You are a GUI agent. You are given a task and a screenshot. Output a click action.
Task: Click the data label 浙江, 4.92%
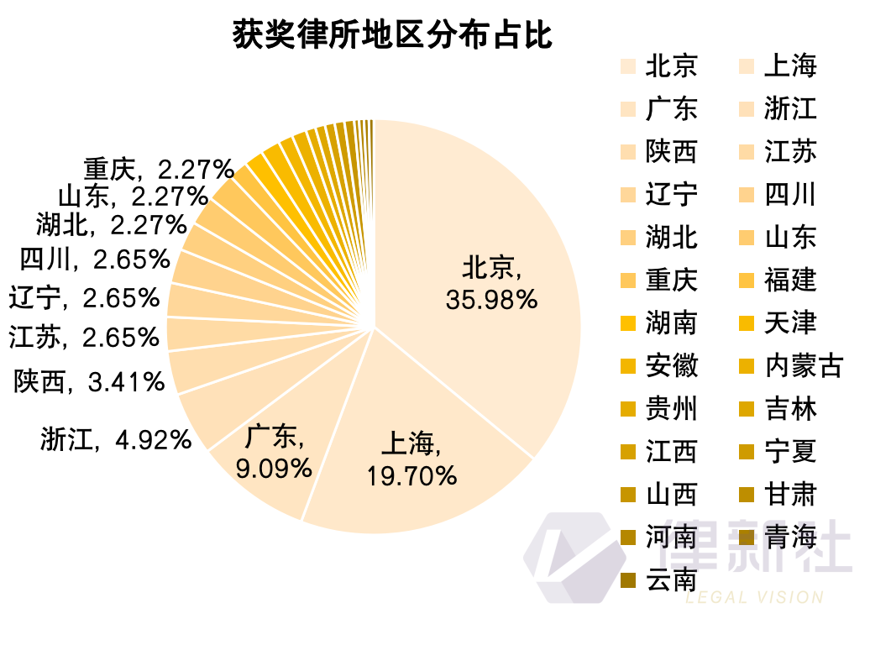coord(117,438)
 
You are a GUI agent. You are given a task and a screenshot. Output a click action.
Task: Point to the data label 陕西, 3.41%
coord(89,383)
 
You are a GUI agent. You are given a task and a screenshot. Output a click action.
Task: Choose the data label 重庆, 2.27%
coord(159,170)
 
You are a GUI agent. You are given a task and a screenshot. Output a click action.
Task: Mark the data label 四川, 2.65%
coord(95,260)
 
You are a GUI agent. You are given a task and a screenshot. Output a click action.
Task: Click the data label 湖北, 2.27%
coord(111,224)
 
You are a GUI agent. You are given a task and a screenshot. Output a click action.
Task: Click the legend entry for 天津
coord(790,323)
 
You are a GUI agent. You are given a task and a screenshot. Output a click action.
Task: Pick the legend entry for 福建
coord(790,280)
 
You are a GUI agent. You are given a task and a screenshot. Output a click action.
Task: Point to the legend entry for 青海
coord(790,537)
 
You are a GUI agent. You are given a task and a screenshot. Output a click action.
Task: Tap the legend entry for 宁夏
coord(790,452)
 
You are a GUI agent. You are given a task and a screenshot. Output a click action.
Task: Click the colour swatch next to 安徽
coord(627,366)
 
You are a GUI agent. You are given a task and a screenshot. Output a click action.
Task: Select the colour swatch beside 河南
coord(627,537)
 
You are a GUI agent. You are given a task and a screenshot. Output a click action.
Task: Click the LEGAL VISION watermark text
coord(754,598)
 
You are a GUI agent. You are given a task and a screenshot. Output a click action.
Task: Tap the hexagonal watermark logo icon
coord(568,556)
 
